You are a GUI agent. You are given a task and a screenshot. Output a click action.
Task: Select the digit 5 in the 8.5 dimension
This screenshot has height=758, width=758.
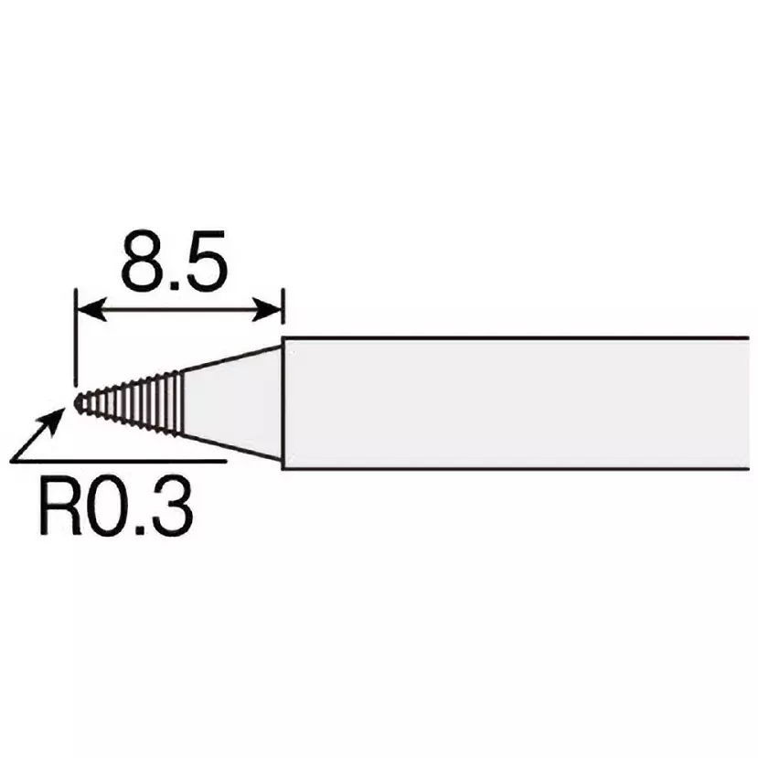(x=207, y=263)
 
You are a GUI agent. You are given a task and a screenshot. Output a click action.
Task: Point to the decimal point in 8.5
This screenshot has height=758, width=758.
(x=174, y=284)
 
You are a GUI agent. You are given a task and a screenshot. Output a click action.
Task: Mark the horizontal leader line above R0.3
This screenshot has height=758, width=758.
(x=137, y=461)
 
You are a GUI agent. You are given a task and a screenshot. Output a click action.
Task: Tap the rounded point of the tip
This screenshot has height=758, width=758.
(x=80, y=401)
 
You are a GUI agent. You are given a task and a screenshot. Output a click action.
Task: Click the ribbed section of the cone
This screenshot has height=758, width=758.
(x=137, y=402)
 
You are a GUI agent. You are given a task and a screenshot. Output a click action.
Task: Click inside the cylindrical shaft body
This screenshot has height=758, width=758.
(x=512, y=402)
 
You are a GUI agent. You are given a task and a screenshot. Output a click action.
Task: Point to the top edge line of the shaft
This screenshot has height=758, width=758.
(x=512, y=337)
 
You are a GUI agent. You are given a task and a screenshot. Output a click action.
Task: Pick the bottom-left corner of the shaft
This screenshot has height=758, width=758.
(x=283, y=468)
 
